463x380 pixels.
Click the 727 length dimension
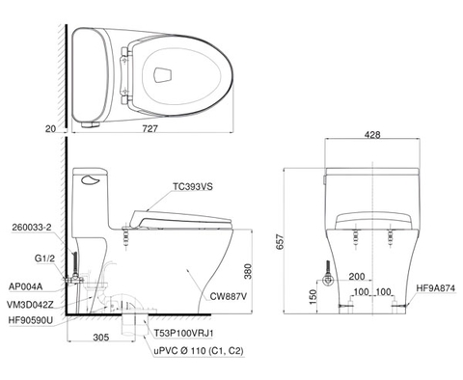150,128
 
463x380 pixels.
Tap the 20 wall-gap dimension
50,129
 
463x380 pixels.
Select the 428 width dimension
372,135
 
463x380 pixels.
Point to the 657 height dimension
280,243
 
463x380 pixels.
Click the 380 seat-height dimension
248,272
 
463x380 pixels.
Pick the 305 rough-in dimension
101,338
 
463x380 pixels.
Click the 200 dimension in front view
357,276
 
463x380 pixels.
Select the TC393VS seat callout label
193,186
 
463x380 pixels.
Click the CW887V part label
229,296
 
